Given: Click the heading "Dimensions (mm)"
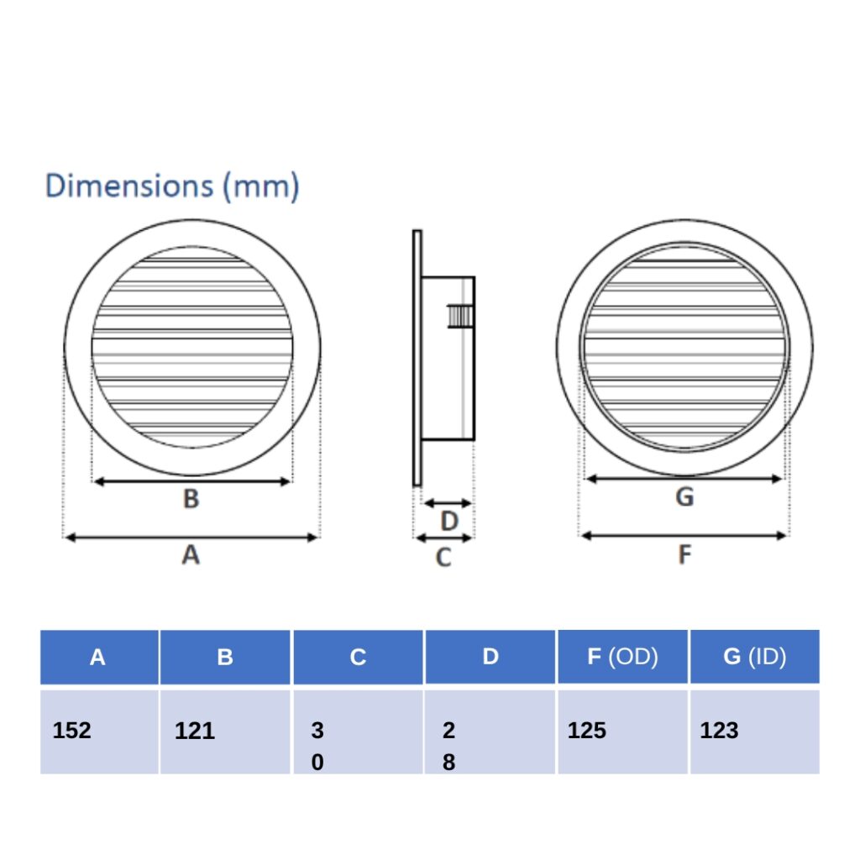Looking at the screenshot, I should tap(172, 186).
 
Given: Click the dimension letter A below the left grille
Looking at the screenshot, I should tap(191, 554).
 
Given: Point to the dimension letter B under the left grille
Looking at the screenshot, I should tap(191, 499).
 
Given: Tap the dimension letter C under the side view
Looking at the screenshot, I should tap(443, 557).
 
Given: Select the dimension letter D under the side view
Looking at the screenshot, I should tap(449, 522).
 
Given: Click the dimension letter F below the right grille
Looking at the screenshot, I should tap(684, 554).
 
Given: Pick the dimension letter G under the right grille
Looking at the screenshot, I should tap(684, 497).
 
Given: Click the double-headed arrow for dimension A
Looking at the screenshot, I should tap(191, 537).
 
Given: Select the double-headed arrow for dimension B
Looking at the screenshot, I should tap(191, 481).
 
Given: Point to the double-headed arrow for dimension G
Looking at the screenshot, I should tap(684, 479).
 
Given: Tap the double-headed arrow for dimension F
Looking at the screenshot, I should tap(684, 535).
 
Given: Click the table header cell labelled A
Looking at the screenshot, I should tap(98, 658).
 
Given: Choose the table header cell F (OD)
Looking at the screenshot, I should tap(622, 657).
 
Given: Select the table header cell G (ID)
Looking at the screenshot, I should tap(754, 657).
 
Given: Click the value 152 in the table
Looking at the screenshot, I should tap(71, 731).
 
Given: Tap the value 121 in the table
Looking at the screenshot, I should tap(195, 731).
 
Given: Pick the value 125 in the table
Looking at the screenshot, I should tap(586, 731).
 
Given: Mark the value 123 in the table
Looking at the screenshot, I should tap(719, 731).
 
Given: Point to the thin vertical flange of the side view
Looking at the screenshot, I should tap(417, 358).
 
